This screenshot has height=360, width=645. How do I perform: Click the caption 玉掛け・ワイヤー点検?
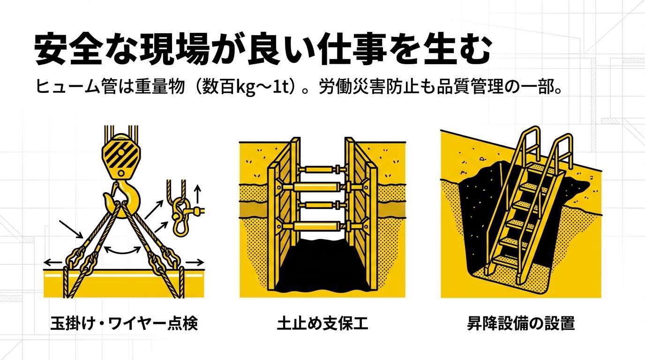(x=124, y=323)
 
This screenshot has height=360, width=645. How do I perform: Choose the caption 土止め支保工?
(x=322, y=323)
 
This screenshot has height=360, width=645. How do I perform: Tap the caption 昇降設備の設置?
(x=521, y=323)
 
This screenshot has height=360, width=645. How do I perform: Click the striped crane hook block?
(x=121, y=157)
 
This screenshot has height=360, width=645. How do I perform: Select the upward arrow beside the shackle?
(x=197, y=194)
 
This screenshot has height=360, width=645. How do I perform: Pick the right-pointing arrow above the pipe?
(x=195, y=262)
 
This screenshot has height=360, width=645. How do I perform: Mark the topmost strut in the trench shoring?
(x=322, y=169)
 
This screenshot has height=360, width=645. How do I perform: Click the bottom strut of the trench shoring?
(x=322, y=226)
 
